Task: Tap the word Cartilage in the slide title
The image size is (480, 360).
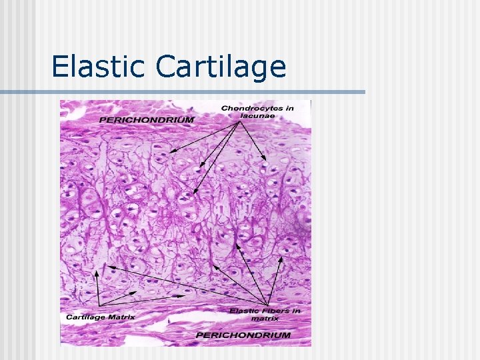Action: [x=221, y=67]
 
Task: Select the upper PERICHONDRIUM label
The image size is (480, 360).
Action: [x=147, y=120]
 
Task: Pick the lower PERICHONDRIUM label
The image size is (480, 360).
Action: [x=243, y=335]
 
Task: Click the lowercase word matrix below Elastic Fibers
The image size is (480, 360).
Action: [x=265, y=319]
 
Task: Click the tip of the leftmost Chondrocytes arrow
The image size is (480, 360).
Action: [x=168, y=153]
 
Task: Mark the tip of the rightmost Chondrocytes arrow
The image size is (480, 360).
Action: [x=267, y=160]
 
